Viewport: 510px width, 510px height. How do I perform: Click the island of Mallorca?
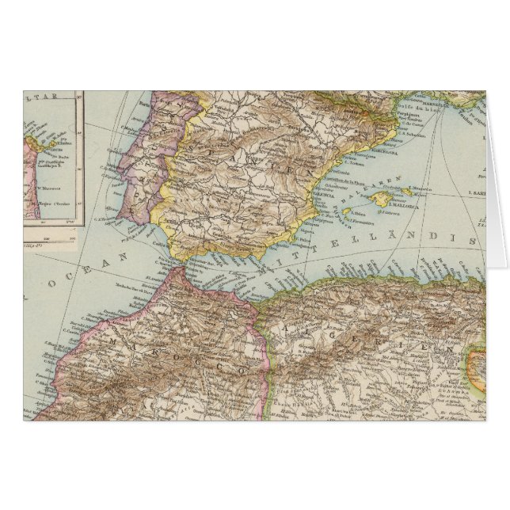click(383, 199)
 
